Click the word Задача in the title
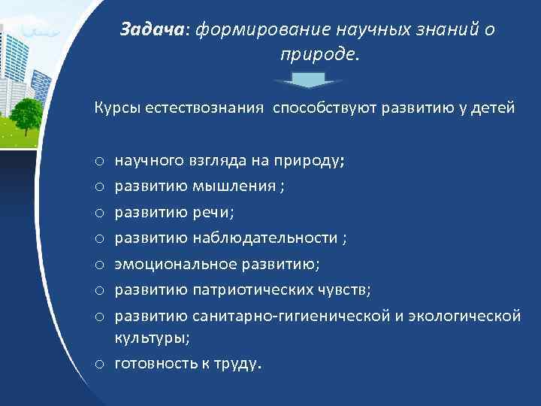point(153,29)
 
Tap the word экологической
point(465,317)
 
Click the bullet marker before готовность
point(99,365)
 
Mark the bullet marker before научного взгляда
point(99,160)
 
